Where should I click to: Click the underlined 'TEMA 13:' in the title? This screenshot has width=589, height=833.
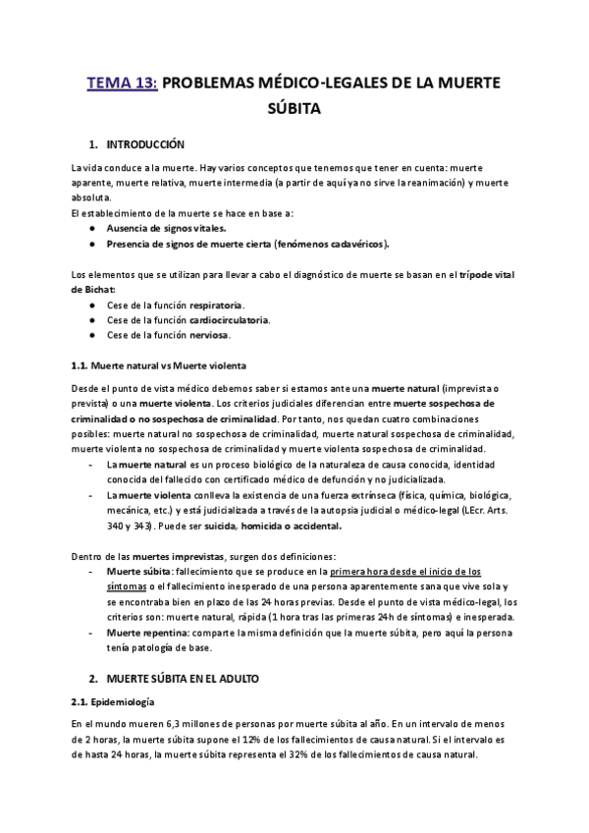(x=122, y=84)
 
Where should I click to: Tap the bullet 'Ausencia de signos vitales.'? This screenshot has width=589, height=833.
(x=166, y=228)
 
